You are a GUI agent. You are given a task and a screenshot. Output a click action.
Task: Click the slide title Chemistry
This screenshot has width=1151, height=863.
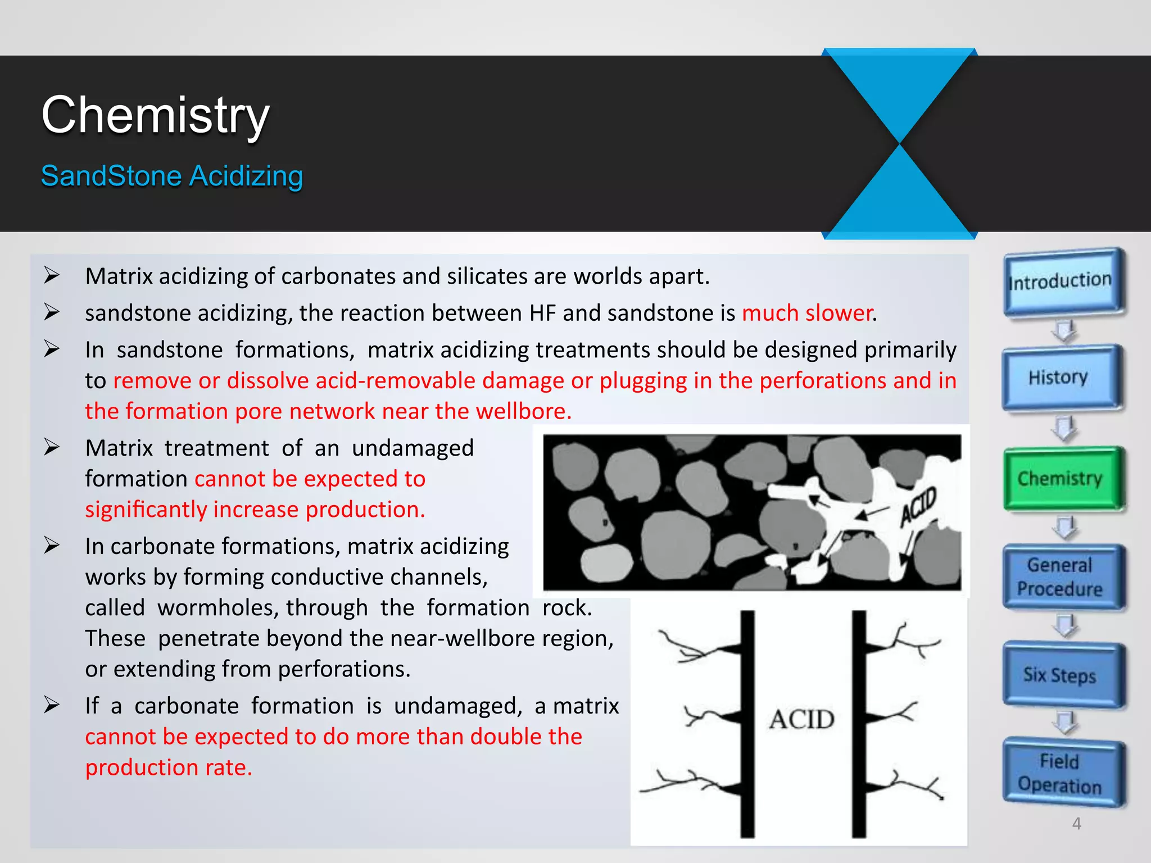[155, 115]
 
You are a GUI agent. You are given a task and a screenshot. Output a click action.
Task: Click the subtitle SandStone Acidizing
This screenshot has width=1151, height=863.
[172, 176]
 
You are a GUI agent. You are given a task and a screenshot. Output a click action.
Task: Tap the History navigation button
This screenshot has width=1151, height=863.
[1059, 377]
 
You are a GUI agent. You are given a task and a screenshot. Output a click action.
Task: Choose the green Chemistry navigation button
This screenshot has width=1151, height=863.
[1060, 479]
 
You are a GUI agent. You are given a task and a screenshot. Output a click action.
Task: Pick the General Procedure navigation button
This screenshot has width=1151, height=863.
[1060, 577]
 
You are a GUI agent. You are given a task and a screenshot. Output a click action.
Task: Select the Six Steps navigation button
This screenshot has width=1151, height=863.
[1060, 675]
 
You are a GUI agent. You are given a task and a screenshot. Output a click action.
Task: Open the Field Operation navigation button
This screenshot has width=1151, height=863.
[1060, 774]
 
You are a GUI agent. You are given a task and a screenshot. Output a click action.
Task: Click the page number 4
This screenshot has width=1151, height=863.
[1077, 824]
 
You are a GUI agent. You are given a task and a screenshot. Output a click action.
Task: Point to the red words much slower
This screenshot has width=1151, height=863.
[808, 313]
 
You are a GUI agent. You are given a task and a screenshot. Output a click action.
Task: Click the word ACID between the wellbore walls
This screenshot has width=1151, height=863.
[802, 719]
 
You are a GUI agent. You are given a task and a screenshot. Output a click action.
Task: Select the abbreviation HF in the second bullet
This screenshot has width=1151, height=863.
[542, 313]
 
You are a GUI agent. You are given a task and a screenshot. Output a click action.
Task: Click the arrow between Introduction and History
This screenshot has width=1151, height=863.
[1064, 330]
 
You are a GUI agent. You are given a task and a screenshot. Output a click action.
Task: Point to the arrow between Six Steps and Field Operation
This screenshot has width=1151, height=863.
[1064, 723]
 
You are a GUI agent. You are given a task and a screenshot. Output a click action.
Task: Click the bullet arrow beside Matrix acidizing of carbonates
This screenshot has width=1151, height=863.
[52, 275]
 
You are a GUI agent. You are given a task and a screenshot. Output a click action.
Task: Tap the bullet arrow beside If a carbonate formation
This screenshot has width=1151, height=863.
[52, 705]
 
